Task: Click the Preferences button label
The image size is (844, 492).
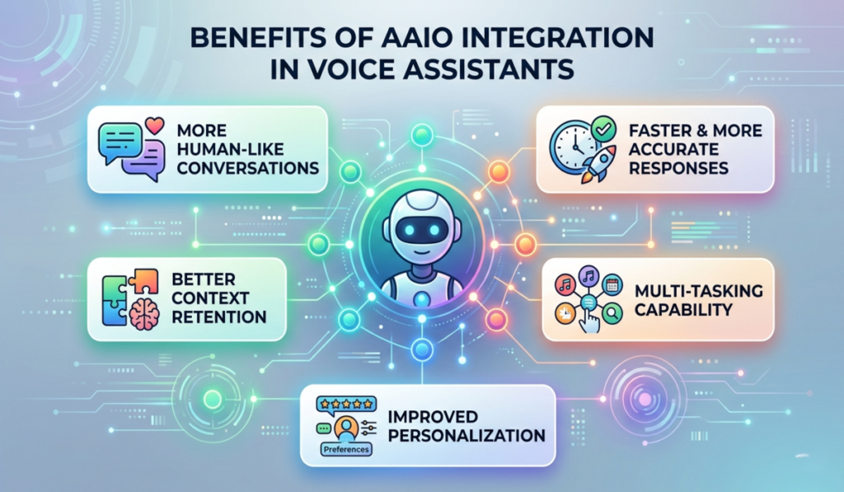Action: [344, 450]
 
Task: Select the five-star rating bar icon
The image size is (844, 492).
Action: [346, 405]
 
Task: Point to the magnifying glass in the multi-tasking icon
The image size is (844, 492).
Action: [611, 313]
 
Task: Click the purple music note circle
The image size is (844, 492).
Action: [588, 278]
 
